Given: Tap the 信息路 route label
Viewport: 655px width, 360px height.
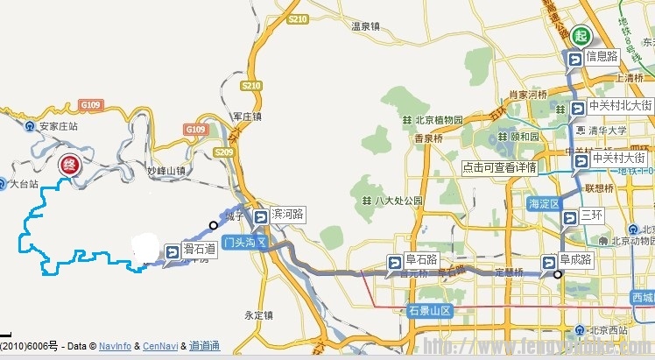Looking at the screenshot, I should (x=602, y=56).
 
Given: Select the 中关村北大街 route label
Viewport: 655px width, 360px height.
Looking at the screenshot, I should (x=619, y=106).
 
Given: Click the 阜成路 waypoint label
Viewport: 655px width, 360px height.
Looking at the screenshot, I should (x=576, y=259).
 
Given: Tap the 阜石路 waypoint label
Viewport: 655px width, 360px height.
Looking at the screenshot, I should (x=421, y=259).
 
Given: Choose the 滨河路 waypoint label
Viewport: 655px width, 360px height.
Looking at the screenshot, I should (x=286, y=214).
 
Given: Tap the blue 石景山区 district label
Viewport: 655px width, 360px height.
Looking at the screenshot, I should (x=429, y=310).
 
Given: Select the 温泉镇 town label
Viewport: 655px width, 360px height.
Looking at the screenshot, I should (x=365, y=26).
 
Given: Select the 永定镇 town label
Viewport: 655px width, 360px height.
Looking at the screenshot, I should (x=260, y=314).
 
